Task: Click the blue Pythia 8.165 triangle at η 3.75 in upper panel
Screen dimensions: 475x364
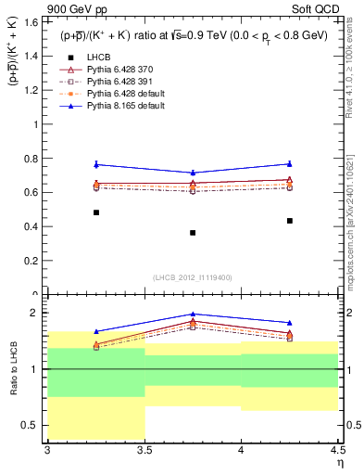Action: coord(193,173)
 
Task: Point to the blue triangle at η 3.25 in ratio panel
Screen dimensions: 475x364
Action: coord(96,331)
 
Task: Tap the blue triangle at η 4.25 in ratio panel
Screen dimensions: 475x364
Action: coord(290,323)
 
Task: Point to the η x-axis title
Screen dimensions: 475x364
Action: coord(339,463)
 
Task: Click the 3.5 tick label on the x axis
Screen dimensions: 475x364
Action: coord(144,452)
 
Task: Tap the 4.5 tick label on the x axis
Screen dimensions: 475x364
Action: coord(337,452)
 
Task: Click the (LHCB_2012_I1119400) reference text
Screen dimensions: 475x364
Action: coord(192,277)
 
